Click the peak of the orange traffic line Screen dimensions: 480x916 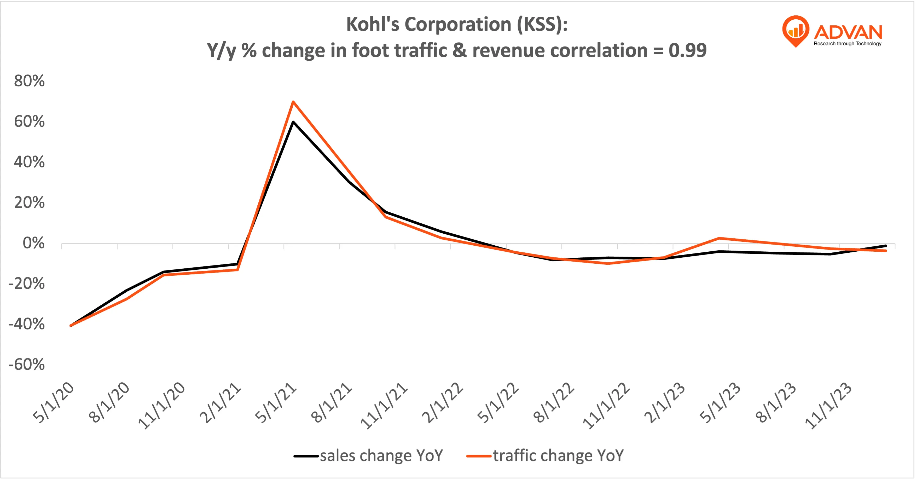tap(293, 102)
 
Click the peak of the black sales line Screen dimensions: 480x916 tap(293, 122)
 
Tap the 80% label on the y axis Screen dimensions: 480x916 tap(29, 81)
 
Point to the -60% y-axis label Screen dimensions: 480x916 tap(27, 365)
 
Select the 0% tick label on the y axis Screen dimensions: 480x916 tap(33, 243)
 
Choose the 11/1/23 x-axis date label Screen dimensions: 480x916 tap(828, 406)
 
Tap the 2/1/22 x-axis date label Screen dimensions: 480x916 tap(443, 403)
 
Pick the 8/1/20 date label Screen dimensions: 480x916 tap(109, 403)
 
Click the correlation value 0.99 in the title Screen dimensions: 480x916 tap(687, 50)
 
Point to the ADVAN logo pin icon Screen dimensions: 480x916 tap(796, 31)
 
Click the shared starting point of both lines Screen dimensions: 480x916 tap(71, 325)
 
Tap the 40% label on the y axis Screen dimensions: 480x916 tap(29, 162)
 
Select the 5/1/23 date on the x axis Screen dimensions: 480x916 tap(720, 403)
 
